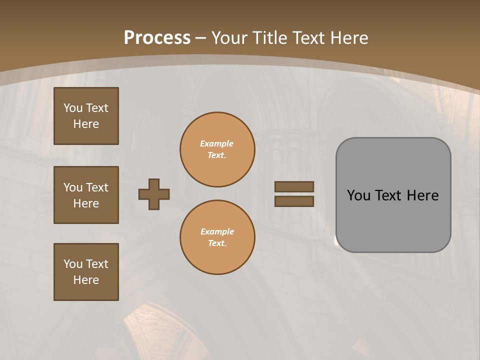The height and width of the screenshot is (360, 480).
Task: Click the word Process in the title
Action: coord(157,38)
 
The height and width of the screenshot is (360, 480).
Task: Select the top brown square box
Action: coord(86,116)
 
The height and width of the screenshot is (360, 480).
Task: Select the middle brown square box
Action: coord(86,195)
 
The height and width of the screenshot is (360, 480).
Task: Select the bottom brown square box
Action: coord(86,272)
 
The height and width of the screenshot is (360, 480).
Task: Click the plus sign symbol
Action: coord(154,194)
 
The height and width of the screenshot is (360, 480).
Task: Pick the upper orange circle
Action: coord(217,149)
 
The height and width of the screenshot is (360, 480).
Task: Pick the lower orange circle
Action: coord(217,237)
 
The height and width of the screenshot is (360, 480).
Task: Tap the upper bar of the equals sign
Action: coord(294,186)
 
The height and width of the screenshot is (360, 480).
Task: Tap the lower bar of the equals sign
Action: coord(294,201)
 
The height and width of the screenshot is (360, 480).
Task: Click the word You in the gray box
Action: coord(358,195)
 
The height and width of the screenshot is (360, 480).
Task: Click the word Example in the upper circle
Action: coord(217,143)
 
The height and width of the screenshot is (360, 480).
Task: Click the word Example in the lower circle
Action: coord(217,231)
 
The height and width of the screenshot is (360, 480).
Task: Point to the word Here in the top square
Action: coord(86,124)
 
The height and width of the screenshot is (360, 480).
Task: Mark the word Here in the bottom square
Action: coord(86,280)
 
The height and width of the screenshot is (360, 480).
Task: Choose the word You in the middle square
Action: coord(72,187)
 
